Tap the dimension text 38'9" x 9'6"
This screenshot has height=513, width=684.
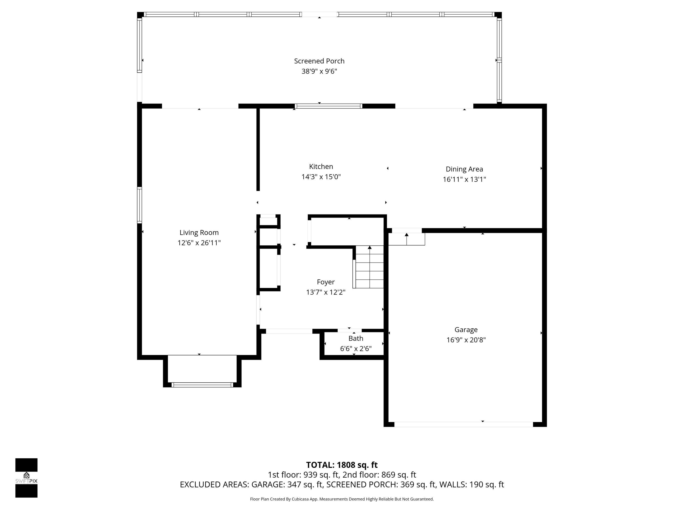coord(319,71)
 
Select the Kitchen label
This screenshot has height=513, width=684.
coord(321,166)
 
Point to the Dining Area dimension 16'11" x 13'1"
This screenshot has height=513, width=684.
coord(464,179)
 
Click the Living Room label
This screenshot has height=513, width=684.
coord(199,233)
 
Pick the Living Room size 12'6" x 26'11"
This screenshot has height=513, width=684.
coord(199,243)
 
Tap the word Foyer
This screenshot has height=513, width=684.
coord(326,282)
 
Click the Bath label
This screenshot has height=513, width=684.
coord(356,338)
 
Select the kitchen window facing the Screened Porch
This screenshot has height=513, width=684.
coord(328,106)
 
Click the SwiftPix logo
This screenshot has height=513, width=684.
coord(26,478)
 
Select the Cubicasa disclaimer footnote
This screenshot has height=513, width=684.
coord(342,499)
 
